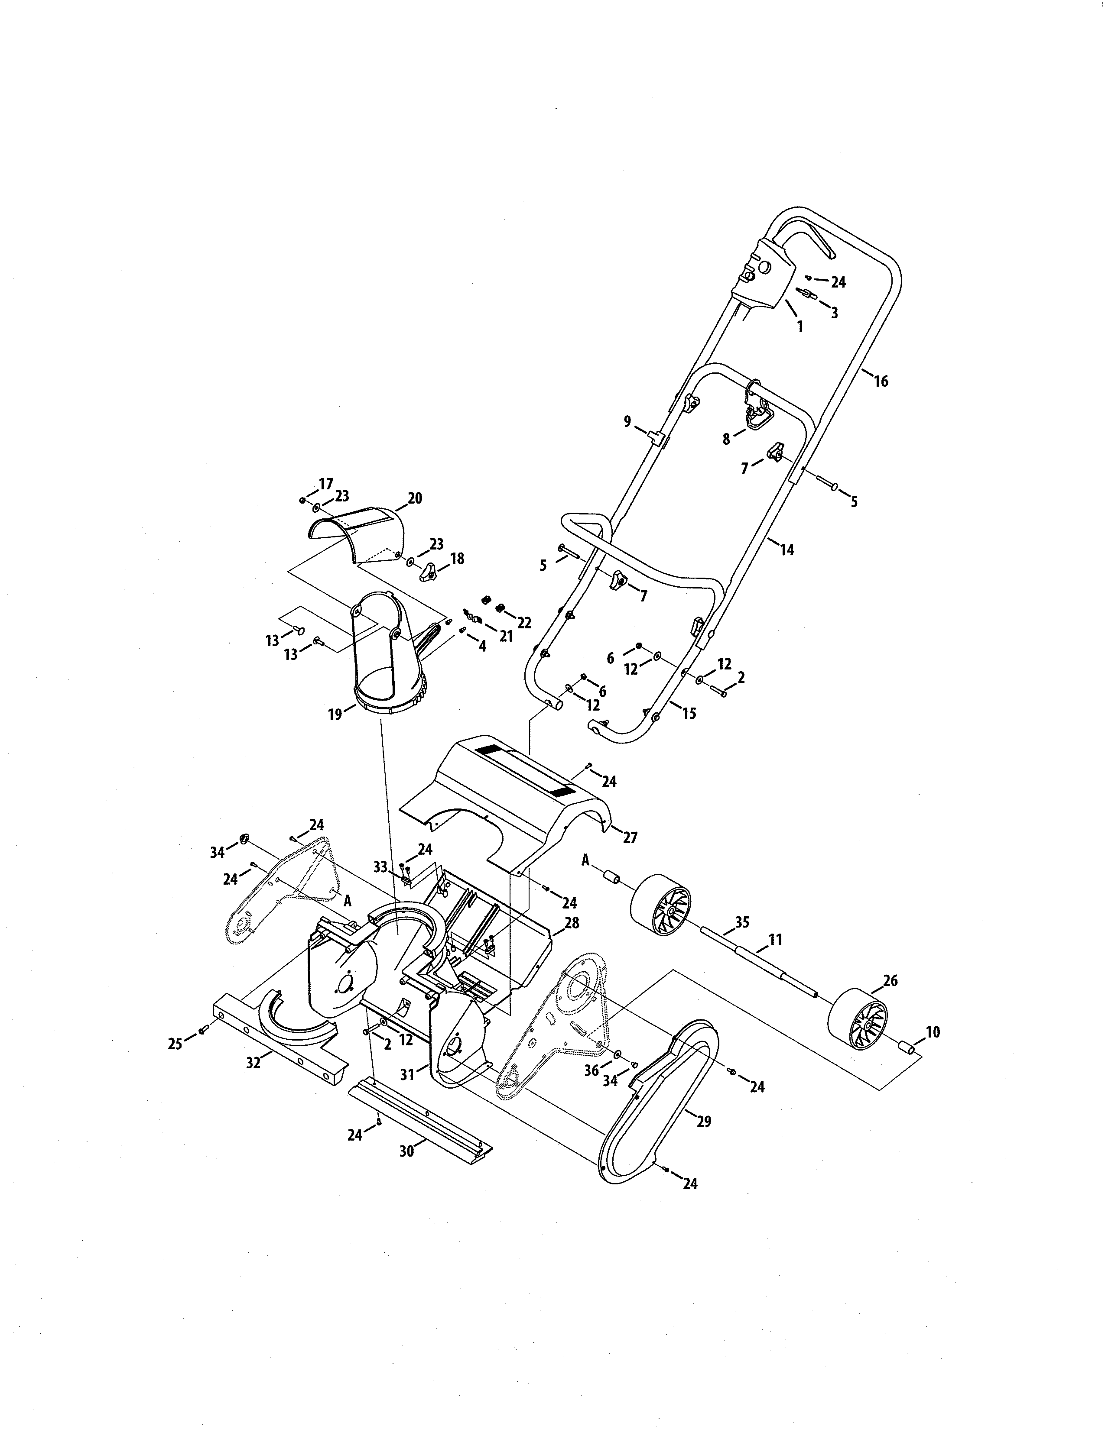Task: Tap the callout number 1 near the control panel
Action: click(x=799, y=327)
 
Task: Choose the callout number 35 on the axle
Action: click(x=742, y=922)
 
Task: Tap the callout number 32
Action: click(x=253, y=1063)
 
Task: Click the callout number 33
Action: click(x=380, y=866)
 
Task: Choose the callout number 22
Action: click(x=524, y=622)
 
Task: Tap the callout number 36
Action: click(x=591, y=1070)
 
